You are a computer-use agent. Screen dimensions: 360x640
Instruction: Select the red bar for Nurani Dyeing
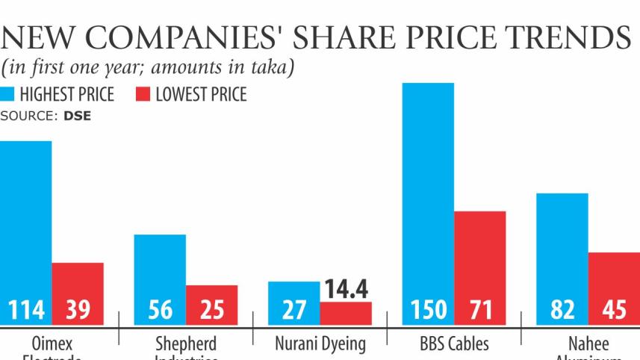(346, 313)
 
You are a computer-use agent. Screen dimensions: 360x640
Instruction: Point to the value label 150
(428, 310)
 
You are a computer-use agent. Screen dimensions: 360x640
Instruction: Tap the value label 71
(480, 310)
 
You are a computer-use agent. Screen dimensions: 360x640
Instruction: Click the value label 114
(25, 310)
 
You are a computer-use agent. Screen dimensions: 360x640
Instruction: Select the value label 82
(562, 310)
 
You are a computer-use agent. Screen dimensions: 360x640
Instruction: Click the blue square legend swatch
(7, 95)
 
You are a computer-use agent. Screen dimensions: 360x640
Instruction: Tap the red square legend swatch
(143, 95)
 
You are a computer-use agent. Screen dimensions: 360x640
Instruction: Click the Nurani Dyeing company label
(320, 344)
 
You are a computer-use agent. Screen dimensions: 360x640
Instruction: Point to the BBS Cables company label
(454, 344)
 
